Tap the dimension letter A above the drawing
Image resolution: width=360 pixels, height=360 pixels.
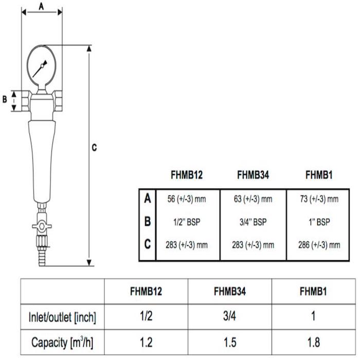[41, 6]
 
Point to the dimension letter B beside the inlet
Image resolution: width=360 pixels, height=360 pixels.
[5, 99]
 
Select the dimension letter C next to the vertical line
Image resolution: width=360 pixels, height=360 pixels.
[94, 148]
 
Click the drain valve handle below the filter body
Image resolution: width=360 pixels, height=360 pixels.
[38, 226]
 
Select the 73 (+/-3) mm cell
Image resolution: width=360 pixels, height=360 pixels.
[319, 199]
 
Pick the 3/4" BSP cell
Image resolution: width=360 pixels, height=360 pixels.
[253, 222]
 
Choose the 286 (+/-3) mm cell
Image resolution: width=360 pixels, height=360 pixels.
[319, 245]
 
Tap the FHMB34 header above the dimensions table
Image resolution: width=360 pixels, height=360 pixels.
[253, 175]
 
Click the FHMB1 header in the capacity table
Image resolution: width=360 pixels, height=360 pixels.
[314, 292]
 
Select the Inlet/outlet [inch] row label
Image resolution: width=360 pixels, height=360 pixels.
[62, 317]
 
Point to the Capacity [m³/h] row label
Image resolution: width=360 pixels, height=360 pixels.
[62, 341]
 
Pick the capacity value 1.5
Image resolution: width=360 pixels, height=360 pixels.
[229, 341]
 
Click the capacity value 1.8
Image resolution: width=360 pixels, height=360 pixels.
[314, 341]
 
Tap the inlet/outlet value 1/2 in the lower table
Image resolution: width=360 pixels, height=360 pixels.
[146, 317]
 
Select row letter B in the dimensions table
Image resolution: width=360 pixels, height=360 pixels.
[148, 222]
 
